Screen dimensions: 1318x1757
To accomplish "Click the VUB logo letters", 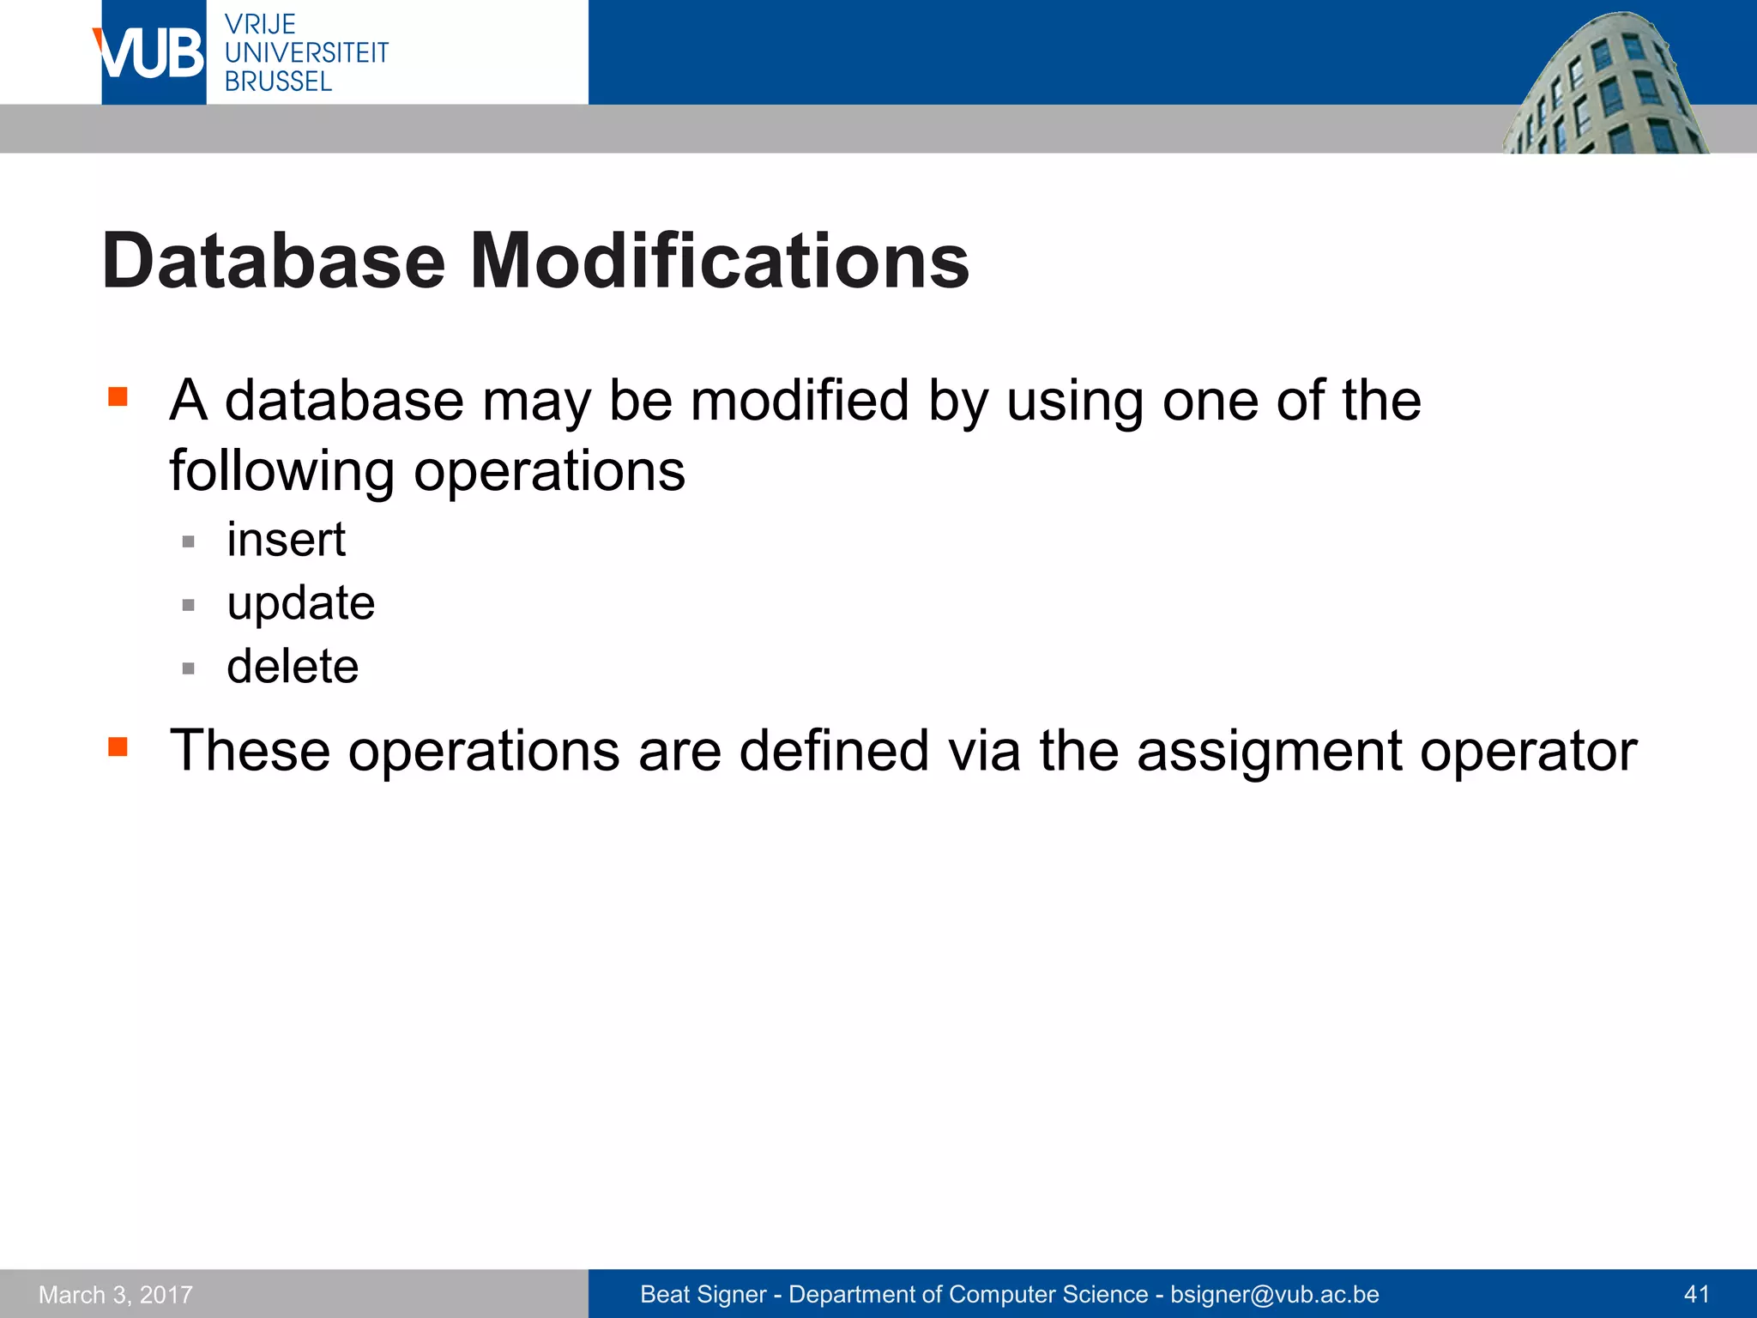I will point(151,53).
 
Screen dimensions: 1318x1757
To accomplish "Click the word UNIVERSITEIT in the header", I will point(306,53).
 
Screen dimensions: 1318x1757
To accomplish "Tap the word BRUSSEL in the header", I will point(278,82).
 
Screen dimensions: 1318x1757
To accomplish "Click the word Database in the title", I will point(274,261).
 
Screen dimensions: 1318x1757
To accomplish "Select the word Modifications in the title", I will point(719,261).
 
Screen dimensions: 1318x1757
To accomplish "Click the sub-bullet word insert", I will point(286,540).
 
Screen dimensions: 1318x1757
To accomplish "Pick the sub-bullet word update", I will point(300,603).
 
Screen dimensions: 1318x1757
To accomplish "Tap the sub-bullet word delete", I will point(293,667).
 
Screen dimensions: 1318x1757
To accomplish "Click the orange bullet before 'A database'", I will point(118,396).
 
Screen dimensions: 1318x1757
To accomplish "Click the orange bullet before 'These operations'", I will point(118,747).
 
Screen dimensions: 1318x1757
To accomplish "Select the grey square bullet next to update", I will point(189,605).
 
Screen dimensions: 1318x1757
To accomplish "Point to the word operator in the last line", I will point(1528,752).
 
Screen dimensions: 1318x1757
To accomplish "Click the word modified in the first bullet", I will point(799,402).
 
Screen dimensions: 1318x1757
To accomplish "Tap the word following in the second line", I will point(281,472).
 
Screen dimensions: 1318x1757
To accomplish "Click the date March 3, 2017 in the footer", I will point(116,1294).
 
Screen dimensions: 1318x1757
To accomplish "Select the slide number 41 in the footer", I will point(1696,1294).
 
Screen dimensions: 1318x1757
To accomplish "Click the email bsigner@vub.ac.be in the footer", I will point(1274,1294).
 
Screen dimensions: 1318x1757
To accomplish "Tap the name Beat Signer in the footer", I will point(703,1294).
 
